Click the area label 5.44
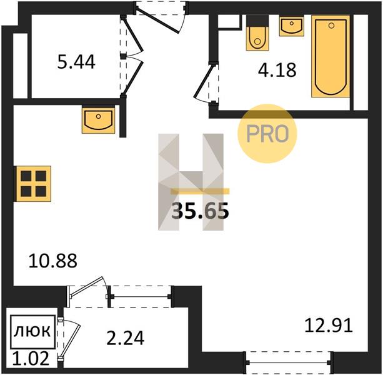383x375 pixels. pyautogui.click(x=76, y=62)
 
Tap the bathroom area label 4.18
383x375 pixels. pyautogui.click(x=277, y=69)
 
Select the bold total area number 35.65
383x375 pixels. pyautogui.click(x=200, y=211)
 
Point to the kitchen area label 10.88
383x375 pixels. pyautogui.click(x=52, y=261)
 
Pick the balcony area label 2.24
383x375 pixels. pyautogui.click(x=126, y=338)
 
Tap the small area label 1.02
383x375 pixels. pyautogui.click(x=31, y=358)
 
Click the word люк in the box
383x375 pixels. pyautogui.click(x=32, y=331)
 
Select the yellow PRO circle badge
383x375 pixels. pyautogui.click(x=267, y=133)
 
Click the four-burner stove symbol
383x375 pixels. pyautogui.click(x=34, y=184)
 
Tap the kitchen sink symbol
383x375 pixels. pyautogui.click(x=99, y=119)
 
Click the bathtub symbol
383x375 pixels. pyautogui.click(x=331, y=56)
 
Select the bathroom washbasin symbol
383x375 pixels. pyautogui.click(x=292, y=26)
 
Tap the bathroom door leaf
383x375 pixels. pyautogui.click(x=203, y=81)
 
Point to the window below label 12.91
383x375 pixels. pyautogui.click(x=289, y=362)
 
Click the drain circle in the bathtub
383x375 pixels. pyautogui.click(x=331, y=26)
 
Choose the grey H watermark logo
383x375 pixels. pyautogui.click(x=191, y=182)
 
